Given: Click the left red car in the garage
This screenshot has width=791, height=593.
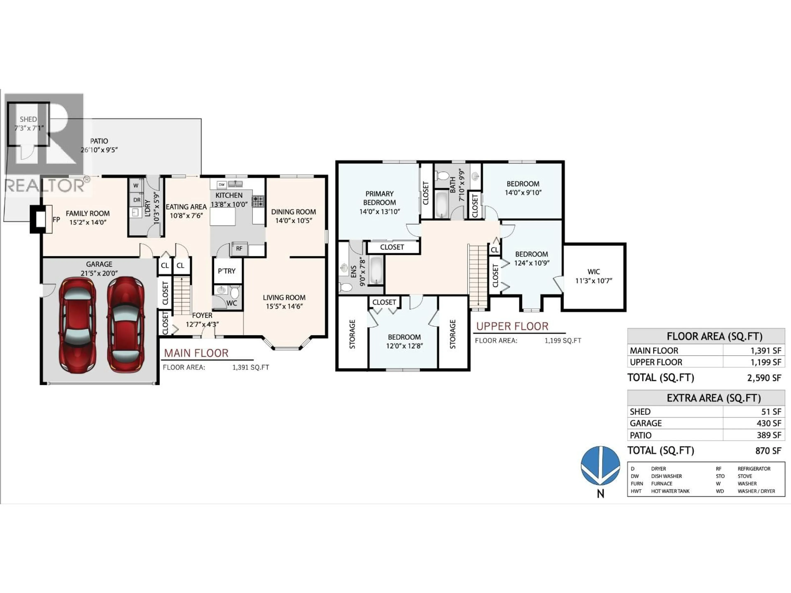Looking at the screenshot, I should point(77,325).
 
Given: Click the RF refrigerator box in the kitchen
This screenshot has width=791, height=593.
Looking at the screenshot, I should point(239,249).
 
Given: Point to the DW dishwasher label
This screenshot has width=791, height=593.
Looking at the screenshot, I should point(222,185).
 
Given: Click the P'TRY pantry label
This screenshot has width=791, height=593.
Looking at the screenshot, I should point(227,271).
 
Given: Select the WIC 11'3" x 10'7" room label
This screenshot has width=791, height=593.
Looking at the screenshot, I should point(594,276).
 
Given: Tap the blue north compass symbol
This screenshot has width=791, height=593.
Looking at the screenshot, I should point(600,465).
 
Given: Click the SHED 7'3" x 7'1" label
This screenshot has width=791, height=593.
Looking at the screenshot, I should point(28,123).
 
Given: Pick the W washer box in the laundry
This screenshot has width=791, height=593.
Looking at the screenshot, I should point(136,186).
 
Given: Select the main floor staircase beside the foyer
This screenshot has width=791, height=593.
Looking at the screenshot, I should point(182,296).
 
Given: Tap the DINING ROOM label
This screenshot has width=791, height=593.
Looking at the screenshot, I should point(293,216).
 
